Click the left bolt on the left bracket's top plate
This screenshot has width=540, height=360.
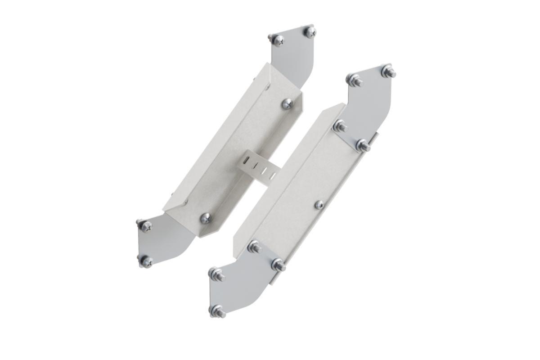[277, 40]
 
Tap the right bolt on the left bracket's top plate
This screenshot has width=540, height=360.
[310, 31]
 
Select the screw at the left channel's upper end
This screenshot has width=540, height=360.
[287, 104]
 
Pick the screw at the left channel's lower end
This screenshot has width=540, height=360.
[206, 218]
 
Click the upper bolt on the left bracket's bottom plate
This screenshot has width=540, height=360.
[145, 225]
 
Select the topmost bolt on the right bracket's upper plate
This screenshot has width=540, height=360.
[388, 71]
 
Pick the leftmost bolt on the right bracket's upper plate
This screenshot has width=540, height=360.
[340, 126]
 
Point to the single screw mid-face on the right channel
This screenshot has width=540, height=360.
[319, 205]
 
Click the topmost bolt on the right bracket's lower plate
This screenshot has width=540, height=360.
[255, 247]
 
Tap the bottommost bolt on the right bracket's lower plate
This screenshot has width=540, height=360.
[218, 311]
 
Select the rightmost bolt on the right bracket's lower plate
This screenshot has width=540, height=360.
[278, 265]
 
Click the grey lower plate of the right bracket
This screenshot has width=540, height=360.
[243, 283]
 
